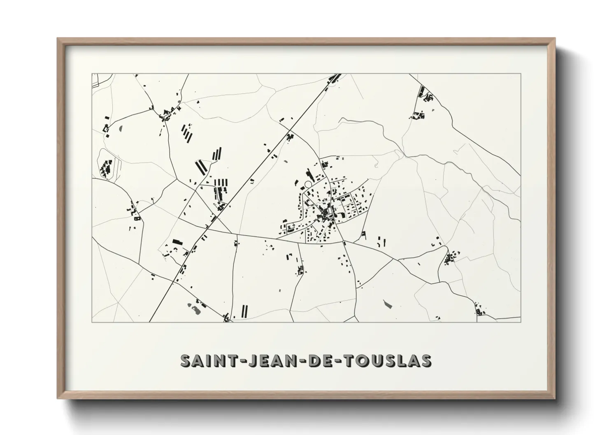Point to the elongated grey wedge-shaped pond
click(x=387, y=304)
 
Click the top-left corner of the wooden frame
click(x=58, y=39)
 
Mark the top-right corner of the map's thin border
click(x=521, y=74)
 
